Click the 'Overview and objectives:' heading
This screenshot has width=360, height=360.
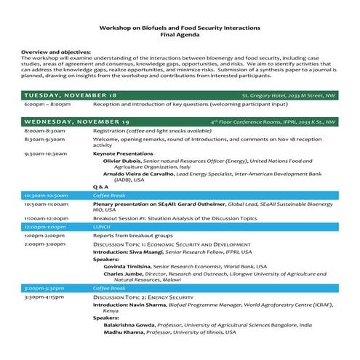coord(56,52)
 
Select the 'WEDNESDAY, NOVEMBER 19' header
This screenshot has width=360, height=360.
coord(76,121)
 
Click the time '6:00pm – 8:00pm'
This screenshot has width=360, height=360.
coord(47,105)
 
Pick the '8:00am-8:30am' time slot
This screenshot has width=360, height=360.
coord(45,130)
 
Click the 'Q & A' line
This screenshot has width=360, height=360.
coord(100,187)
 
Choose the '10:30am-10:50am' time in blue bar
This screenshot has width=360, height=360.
coord(47,196)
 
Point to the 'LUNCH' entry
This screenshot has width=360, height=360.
coord(101,227)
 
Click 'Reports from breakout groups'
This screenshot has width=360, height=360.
coord(132,236)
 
